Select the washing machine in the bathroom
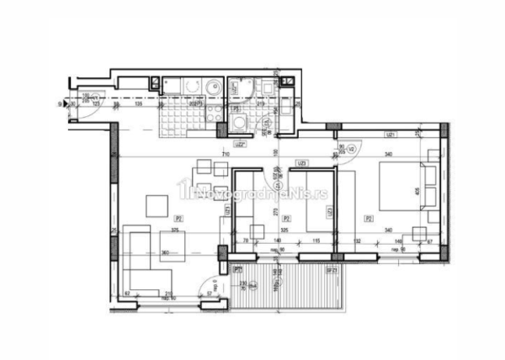coord(240,123)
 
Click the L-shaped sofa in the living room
coord(142,261)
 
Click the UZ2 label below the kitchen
coord(240,144)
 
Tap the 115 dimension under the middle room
coord(316,241)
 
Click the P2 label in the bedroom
coord(369,218)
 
